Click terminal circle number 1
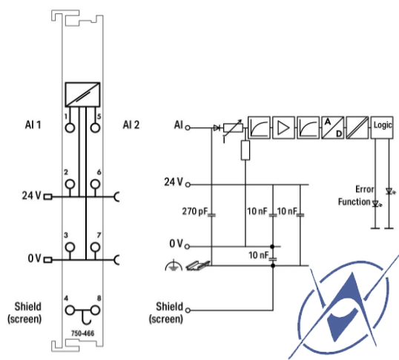point(70,127)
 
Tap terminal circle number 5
point(95,127)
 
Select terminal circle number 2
point(70,184)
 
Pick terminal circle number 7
point(95,247)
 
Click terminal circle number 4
point(70,310)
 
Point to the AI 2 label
point(131,125)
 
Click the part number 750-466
point(83,333)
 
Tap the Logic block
point(382,127)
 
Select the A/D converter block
point(332,127)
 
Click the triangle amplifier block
point(283,127)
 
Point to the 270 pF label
point(195,211)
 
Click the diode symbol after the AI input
point(217,127)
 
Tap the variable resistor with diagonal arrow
point(233,128)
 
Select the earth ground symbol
point(174,265)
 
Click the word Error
point(365,190)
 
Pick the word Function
point(354,202)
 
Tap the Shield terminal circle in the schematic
point(188,310)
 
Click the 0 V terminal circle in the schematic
point(188,247)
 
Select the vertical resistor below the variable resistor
point(245,150)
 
